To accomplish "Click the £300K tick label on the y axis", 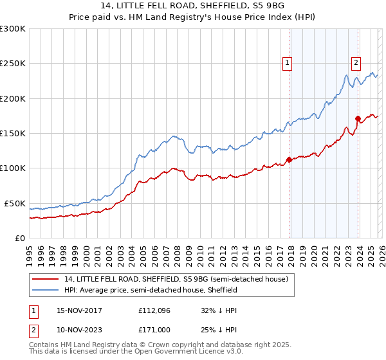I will click(x=13, y=29).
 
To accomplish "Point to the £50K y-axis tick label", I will click(x=15, y=203).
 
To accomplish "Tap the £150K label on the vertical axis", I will click(x=13, y=134).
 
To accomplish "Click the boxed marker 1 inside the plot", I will click(x=286, y=63).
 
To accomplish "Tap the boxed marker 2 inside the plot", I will click(x=355, y=62).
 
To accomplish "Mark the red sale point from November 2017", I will click(x=289, y=160).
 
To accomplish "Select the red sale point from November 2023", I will click(x=358, y=118).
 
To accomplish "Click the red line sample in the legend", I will click(x=46, y=279).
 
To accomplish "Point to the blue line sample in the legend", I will click(x=46, y=290).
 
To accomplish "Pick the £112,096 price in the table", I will click(x=152, y=310).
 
